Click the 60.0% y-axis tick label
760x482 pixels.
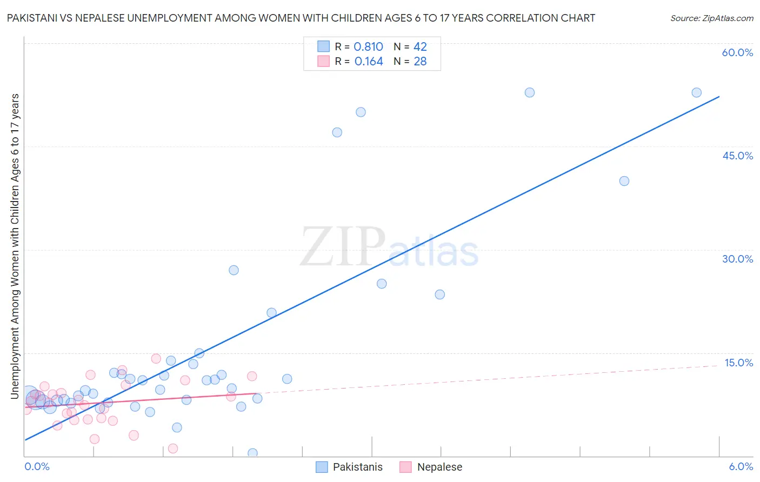tap(737, 52)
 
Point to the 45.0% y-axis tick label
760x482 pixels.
tap(737, 156)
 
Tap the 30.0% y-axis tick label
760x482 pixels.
tap(737, 259)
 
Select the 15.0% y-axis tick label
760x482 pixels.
tap(738, 363)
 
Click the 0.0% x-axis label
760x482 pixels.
tap(37, 466)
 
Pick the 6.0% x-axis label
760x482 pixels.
tap(741, 466)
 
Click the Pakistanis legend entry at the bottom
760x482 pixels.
tap(357, 467)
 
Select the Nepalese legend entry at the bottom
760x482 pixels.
tap(439, 467)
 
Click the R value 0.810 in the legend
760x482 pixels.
tap(368, 47)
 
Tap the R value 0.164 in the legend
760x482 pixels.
tap(369, 62)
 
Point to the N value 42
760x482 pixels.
tap(420, 47)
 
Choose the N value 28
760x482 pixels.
tap(420, 62)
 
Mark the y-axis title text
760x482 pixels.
tap(15, 246)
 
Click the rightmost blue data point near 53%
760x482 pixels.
tap(696, 92)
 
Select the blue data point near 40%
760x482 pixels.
tap(624, 181)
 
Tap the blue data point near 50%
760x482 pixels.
tap(361, 112)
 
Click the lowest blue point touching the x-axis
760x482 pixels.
tap(252, 453)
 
